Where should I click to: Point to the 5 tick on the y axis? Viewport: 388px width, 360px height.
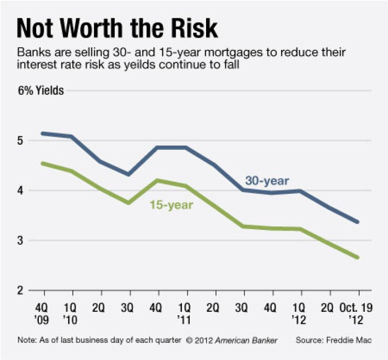point(20,141)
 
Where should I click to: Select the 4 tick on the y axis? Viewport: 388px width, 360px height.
point(20,191)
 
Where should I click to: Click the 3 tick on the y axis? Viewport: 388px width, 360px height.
point(20,241)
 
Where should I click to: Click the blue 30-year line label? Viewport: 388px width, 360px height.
point(267,181)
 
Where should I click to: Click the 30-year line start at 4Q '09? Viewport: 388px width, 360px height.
point(42,133)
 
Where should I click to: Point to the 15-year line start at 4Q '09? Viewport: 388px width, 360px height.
point(42,163)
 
